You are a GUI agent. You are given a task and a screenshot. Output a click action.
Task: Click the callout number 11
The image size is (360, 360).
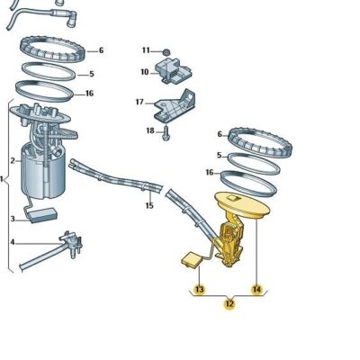pos(145,50)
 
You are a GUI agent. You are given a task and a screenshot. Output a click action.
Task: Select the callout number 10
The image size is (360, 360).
pos(143,72)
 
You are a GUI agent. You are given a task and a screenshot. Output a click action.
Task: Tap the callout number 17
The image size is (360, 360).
pos(139,102)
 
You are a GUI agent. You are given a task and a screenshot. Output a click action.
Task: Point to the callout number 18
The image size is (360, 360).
pos(150,131)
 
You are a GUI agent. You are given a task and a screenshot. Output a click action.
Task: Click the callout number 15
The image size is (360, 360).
pos(149,205)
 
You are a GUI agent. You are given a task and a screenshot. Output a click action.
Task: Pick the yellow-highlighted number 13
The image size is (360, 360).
pos(200,290)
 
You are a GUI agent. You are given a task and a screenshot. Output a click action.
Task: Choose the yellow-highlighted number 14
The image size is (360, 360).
pos(257,290)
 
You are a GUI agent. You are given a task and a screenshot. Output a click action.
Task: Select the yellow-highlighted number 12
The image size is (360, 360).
pos(229,304)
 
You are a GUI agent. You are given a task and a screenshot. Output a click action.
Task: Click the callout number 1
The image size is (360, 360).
pos(4,180)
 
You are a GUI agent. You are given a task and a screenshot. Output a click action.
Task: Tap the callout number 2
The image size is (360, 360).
pos(13,161)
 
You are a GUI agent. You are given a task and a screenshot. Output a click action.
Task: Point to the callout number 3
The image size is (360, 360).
pos(13,219)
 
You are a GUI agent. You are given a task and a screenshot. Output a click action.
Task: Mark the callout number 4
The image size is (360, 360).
pos(13,242)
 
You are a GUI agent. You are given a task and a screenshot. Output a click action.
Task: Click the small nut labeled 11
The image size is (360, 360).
pos(167,50)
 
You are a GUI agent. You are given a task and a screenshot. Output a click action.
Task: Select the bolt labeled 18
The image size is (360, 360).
pos(167,133)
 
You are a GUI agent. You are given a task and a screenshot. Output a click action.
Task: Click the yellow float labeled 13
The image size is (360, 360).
pos(190,260)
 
